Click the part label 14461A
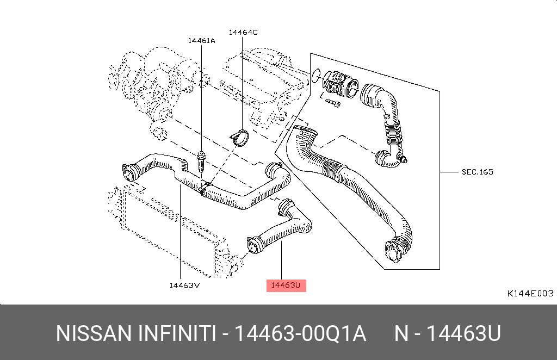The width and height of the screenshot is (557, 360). [x=201, y=40]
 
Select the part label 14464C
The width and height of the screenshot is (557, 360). [x=243, y=32]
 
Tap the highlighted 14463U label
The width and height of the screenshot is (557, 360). [x=286, y=285]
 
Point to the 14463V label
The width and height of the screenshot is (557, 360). [x=184, y=285]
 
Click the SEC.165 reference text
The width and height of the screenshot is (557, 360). [x=477, y=172]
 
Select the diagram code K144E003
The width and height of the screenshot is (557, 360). [x=530, y=293]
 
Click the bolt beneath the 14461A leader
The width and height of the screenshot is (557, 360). [x=201, y=162]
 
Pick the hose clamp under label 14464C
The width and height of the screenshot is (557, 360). [x=239, y=137]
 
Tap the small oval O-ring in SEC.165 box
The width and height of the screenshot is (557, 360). [x=316, y=76]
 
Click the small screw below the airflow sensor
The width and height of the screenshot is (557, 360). [x=333, y=103]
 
